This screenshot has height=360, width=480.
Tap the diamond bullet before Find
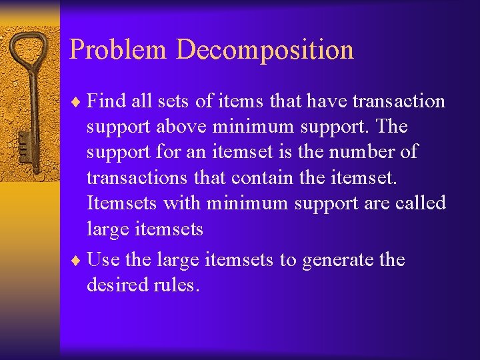[77, 102]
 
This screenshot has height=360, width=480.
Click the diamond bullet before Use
[77, 260]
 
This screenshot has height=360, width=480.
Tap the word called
[419, 203]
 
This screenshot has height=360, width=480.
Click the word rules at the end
[177, 285]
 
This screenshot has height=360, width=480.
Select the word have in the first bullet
[324, 101]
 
